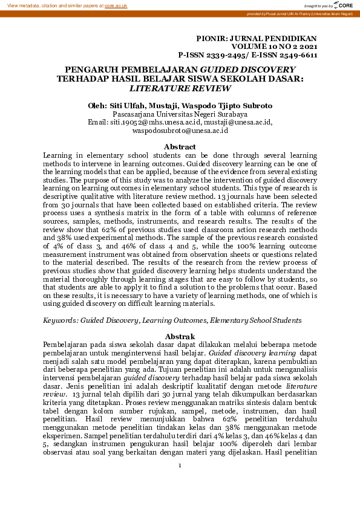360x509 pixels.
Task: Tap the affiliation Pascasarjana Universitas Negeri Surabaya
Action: [180, 114]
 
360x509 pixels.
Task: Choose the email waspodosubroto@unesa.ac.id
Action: [180, 130]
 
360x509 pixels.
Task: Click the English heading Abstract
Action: [180, 147]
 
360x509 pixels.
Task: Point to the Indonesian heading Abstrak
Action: [180, 337]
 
